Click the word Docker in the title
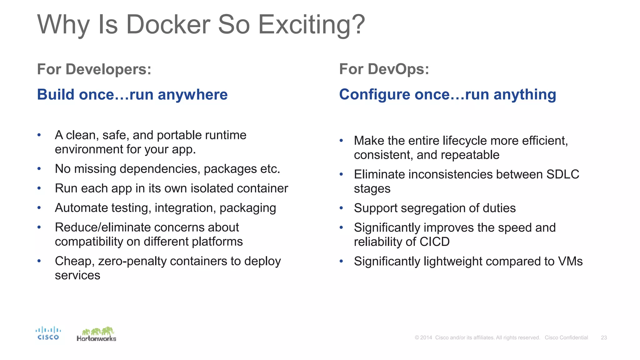point(168,25)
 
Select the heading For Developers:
point(94,69)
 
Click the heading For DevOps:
point(384,69)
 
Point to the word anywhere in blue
point(192,95)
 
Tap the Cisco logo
point(48,333)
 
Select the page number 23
point(604,337)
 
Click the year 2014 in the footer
point(426,337)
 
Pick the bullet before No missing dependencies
point(39,169)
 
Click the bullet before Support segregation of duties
point(341,208)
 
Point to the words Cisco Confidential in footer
point(566,337)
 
